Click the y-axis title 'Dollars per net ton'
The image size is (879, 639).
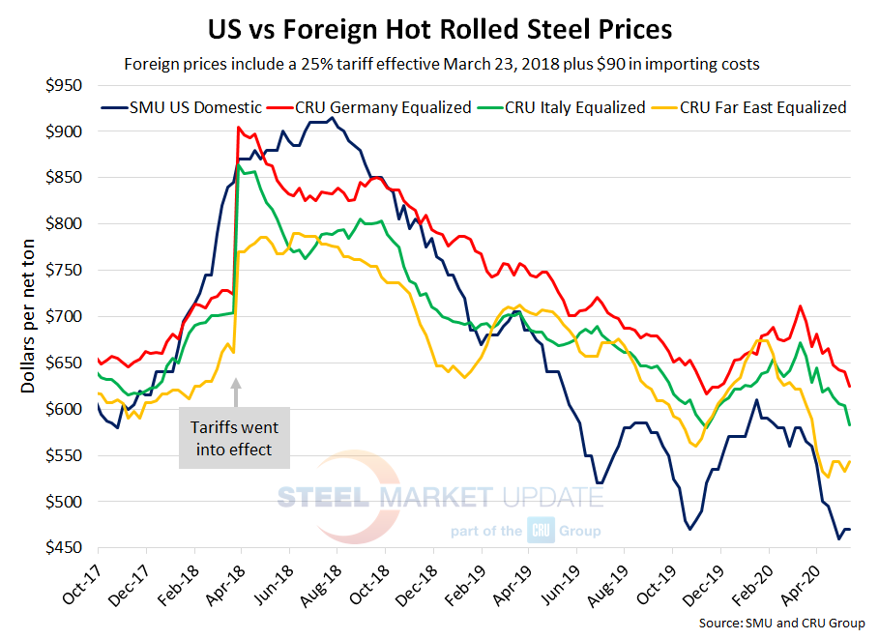pos(28,316)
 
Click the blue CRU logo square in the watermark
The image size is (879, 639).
pos(539,530)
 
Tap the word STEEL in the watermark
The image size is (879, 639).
pos(323,498)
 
